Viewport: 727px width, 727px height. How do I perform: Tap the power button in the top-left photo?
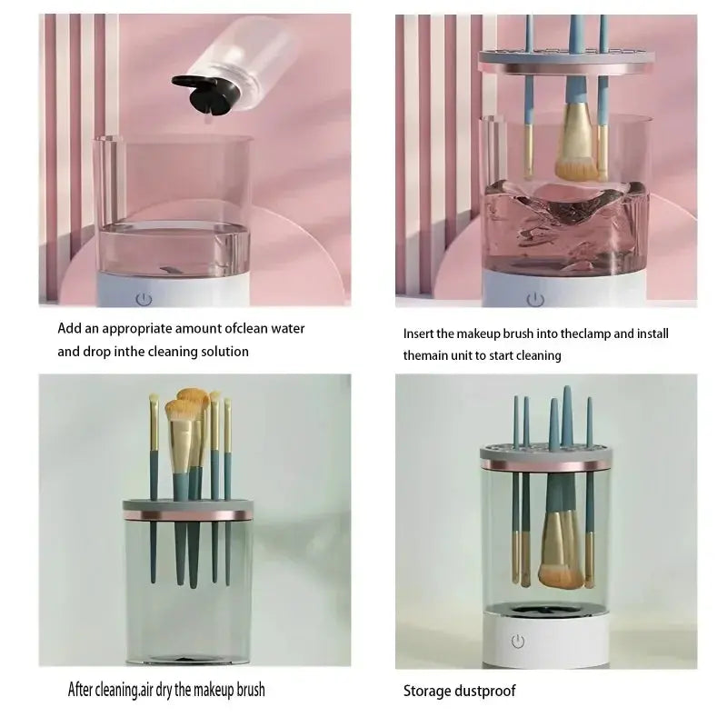tap(143, 297)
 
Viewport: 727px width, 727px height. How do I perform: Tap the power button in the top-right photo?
tap(535, 298)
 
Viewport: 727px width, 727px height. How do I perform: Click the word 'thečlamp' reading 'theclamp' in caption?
tap(565, 334)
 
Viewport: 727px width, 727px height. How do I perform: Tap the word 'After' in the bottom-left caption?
tap(85, 689)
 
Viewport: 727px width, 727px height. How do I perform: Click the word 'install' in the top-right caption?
tap(652, 334)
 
